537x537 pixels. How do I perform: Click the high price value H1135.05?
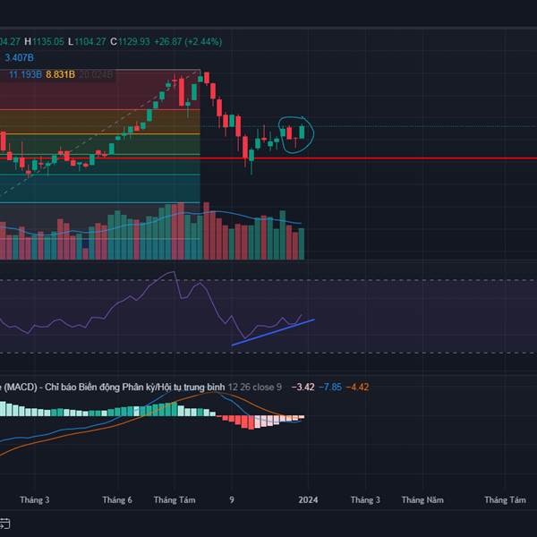click(44, 41)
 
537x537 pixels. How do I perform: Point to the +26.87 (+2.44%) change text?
click(188, 41)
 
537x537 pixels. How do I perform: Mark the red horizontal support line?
click(403, 158)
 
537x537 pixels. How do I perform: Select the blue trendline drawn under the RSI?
click(273, 331)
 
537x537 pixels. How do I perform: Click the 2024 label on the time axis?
click(307, 499)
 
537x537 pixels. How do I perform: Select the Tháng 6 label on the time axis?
click(117, 499)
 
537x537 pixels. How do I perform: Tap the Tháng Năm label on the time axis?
click(422, 499)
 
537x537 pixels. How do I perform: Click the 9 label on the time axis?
click(232, 499)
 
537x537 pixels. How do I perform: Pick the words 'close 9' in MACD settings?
click(267, 387)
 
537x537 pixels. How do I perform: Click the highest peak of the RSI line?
click(175, 272)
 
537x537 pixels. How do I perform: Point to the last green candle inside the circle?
click(303, 132)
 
